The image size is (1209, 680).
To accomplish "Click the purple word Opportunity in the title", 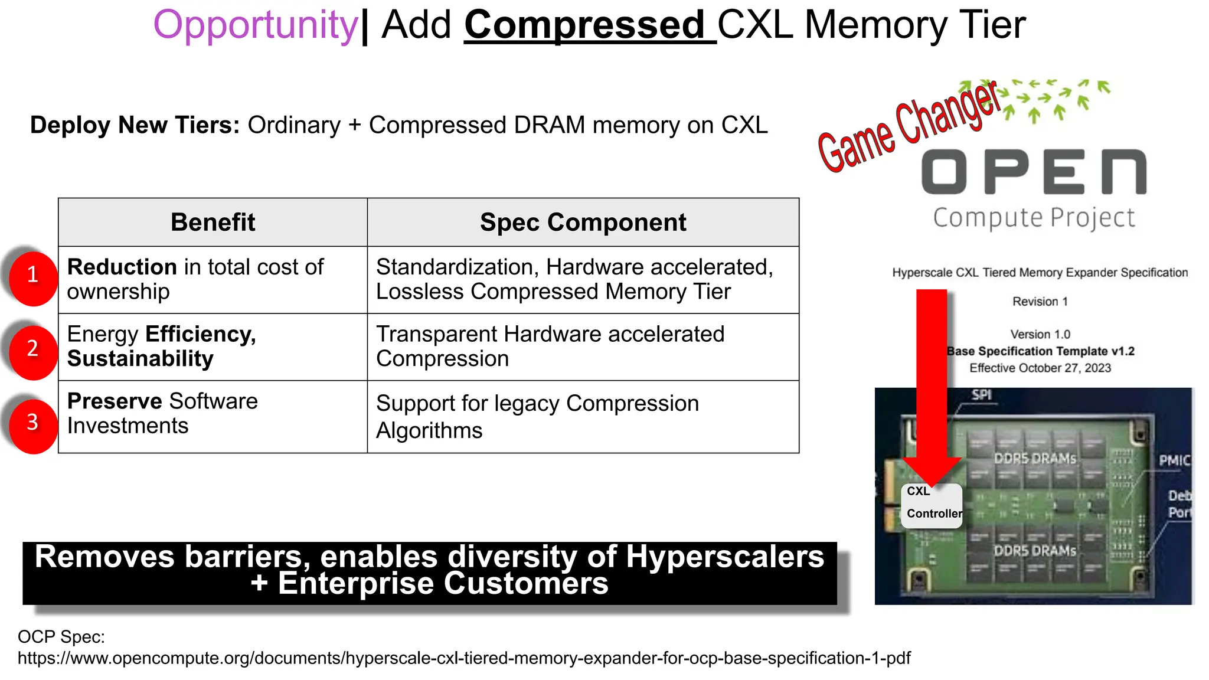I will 255,25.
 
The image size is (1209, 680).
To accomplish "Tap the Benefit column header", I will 213,223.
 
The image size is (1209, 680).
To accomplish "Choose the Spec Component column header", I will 583,223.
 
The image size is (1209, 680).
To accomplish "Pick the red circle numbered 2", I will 33,351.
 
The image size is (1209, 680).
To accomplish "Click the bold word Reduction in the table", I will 122,267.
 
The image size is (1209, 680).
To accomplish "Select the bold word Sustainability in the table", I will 140,359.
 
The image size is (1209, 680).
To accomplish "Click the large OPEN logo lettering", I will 1034,172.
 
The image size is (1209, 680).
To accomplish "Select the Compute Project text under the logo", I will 1034,218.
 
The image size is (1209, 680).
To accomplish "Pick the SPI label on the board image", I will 981,395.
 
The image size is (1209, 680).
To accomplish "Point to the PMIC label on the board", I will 1174,460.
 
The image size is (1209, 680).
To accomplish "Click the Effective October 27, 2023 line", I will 1040,368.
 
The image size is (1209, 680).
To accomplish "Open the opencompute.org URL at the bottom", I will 464,658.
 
